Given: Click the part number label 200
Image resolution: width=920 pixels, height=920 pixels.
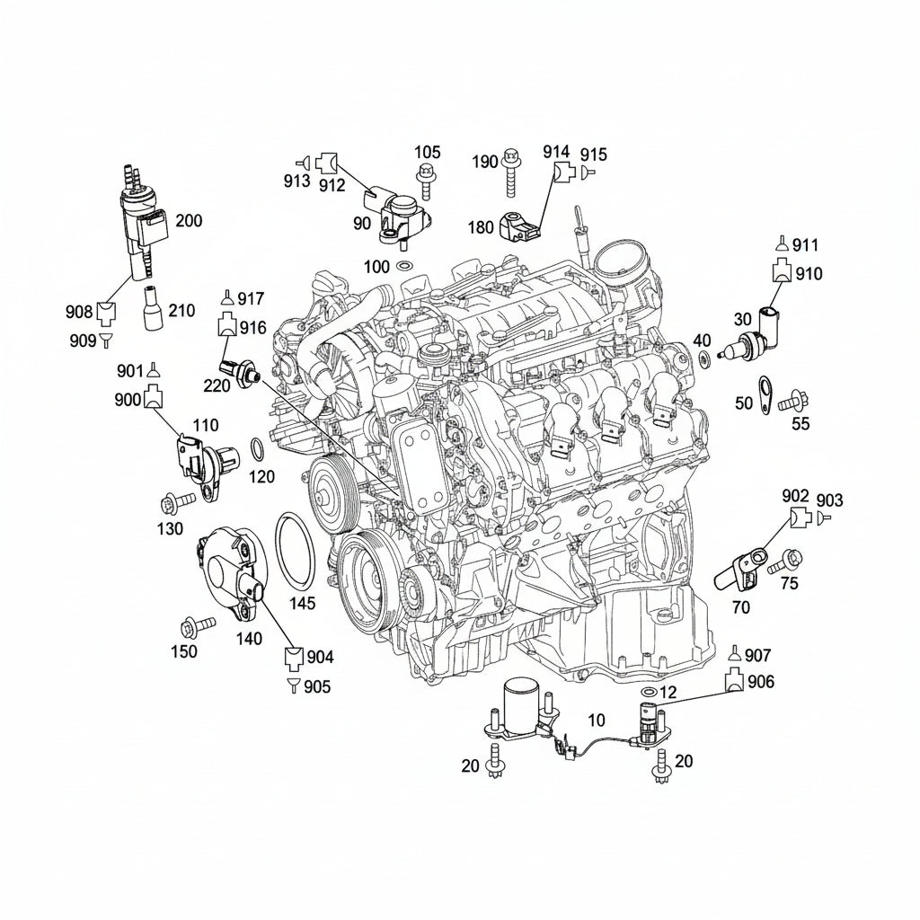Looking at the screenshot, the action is click(x=189, y=221).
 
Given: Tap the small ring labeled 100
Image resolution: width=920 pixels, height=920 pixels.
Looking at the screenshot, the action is click(x=404, y=266).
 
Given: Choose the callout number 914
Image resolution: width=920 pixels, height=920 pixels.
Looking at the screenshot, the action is click(x=556, y=151).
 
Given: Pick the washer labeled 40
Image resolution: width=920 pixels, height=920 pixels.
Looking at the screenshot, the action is click(x=703, y=358).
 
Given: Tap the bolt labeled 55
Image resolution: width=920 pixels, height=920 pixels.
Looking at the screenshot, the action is click(x=793, y=402).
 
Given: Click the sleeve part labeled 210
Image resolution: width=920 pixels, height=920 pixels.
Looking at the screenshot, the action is click(x=153, y=308).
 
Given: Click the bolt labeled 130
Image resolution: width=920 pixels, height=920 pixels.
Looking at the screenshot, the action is click(x=177, y=502).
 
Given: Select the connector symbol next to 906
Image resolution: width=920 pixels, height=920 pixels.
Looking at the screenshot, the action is click(x=736, y=680).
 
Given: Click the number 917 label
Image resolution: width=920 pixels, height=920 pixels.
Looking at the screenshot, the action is click(x=252, y=299).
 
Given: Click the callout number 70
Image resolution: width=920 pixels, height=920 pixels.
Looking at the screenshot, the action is click(x=741, y=607).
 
